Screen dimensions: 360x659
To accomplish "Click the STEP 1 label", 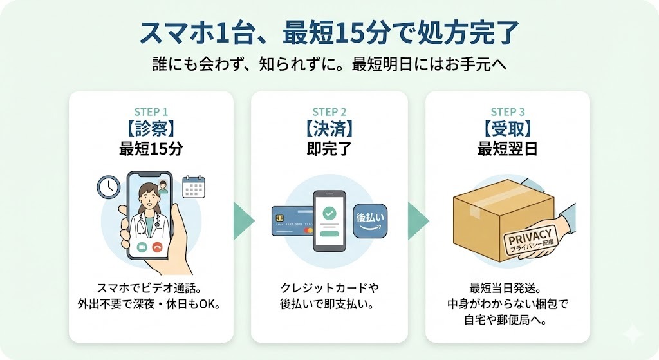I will point(151,111).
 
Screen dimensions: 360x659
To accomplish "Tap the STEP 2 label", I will point(329,111).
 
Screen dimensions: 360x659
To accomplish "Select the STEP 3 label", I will point(507,111).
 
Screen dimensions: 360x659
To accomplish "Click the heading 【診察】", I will point(151,129).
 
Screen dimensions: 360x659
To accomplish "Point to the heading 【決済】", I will point(329,129).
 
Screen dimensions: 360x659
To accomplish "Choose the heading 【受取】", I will point(507,129).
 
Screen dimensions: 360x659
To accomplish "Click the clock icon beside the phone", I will point(109,187).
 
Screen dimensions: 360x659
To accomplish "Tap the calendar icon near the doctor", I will point(193,186).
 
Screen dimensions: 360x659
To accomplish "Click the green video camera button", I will point(141,247).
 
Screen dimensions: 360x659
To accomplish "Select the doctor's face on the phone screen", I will point(147,196).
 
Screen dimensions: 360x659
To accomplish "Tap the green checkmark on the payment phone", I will point(329,212).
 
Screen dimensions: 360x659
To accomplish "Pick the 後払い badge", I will point(370,221).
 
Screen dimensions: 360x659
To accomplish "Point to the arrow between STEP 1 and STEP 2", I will point(242,221).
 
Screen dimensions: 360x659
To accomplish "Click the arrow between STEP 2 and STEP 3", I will point(417,221).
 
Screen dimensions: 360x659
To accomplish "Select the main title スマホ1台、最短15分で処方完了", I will point(329,34).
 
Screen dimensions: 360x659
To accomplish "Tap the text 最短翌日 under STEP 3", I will point(507,149).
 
